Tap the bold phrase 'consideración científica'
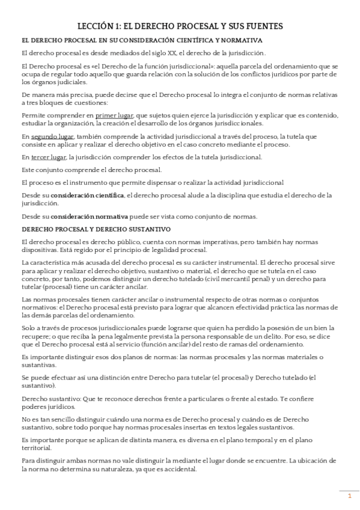click(x=87, y=195)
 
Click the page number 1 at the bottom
click(x=349, y=496)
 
